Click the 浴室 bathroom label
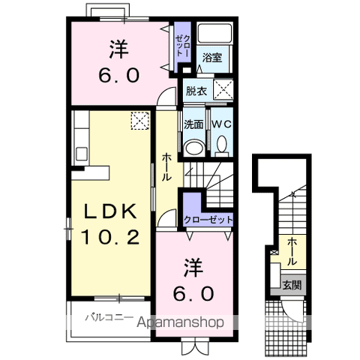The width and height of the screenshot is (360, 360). pyautogui.click(x=212, y=58)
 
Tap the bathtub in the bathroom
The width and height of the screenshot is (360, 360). pyautogui.click(x=214, y=33)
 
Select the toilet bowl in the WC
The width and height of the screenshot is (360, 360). pyautogui.click(x=222, y=145)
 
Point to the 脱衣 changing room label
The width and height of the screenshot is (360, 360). pyautogui.click(x=196, y=91)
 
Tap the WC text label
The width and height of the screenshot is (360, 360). pyautogui.click(x=222, y=124)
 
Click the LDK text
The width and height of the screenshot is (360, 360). pyautogui.click(x=111, y=211)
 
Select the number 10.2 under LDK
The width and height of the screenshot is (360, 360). pyautogui.click(x=110, y=237)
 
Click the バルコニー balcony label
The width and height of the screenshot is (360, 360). pyautogui.click(x=109, y=318)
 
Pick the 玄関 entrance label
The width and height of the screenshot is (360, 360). pyautogui.click(x=292, y=285)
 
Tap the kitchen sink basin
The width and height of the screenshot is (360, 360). pyautogui.click(x=82, y=154)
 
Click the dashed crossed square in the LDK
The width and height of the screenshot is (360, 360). pyautogui.click(x=140, y=121)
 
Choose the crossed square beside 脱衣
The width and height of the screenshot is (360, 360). pyautogui.click(x=223, y=90)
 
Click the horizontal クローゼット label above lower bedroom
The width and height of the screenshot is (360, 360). pyautogui.click(x=208, y=220)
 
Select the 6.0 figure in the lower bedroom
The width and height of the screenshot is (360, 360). pyautogui.click(x=193, y=293)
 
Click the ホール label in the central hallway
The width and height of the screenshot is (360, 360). pyautogui.click(x=166, y=167)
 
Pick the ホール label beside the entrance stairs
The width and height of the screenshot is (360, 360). pyautogui.click(x=292, y=251)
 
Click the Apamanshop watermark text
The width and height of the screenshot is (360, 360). pyautogui.click(x=180, y=322)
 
